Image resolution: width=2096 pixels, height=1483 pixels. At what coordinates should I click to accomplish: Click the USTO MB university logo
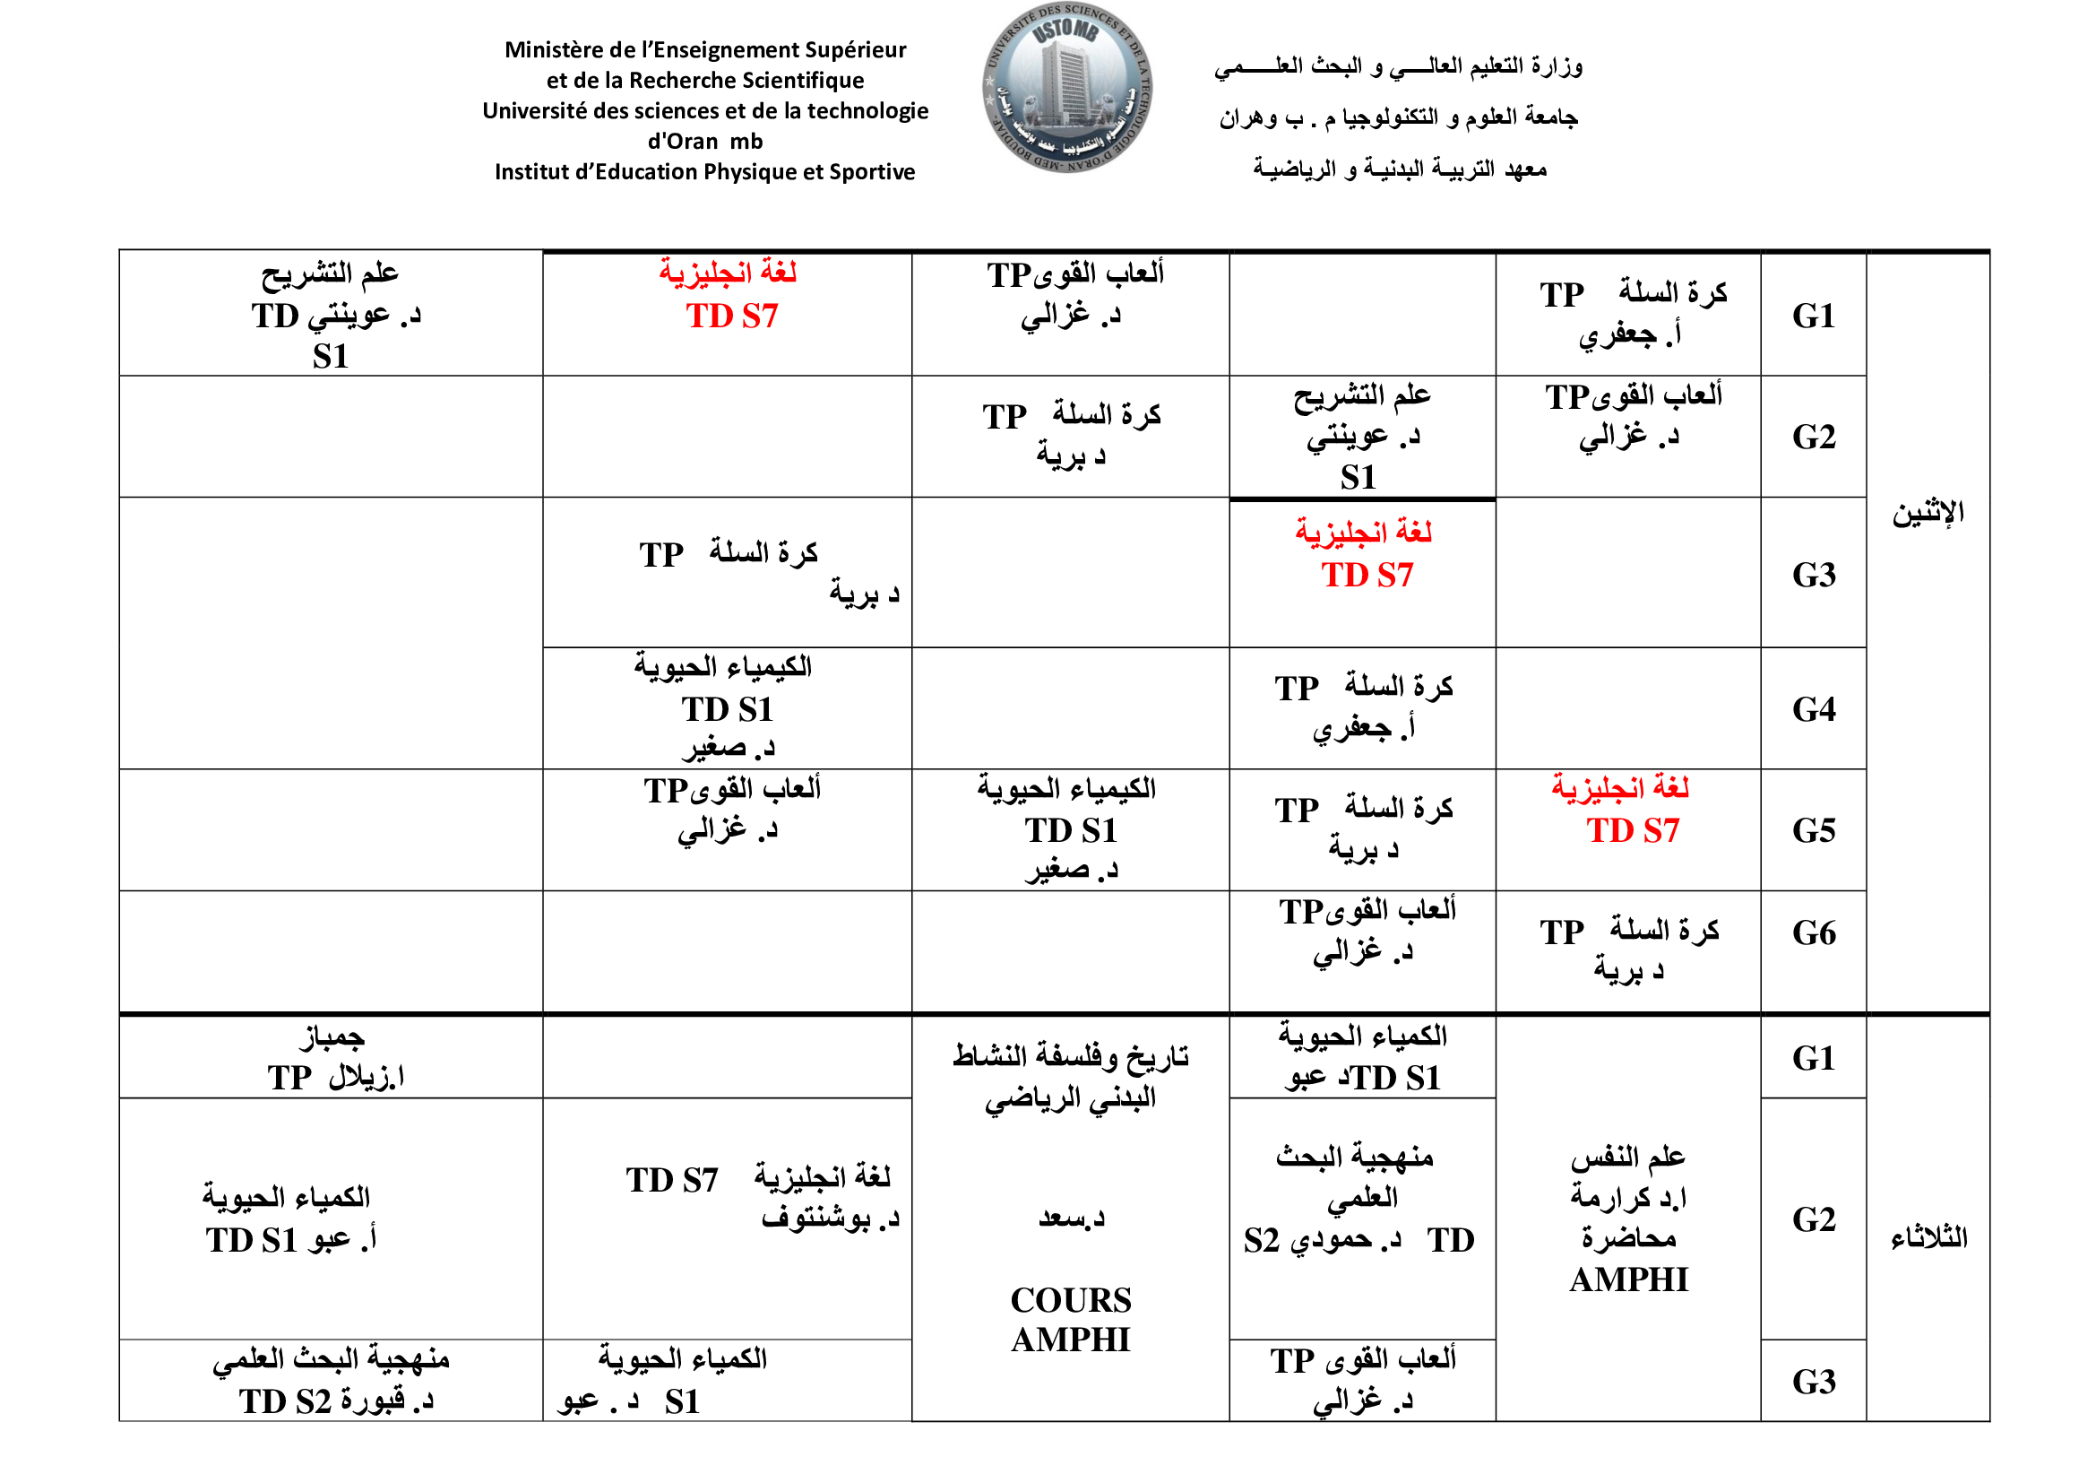(x=1066, y=88)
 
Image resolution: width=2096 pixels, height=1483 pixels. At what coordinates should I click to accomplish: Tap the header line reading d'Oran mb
(x=704, y=142)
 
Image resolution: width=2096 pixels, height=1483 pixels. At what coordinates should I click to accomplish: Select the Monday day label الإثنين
(x=1928, y=513)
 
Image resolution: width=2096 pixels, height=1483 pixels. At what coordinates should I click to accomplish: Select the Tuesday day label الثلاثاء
(x=1928, y=1238)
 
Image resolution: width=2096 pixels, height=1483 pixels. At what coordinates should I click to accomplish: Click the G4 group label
(x=1813, y=709)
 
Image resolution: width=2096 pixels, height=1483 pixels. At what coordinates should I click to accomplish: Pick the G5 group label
(x=1813, y=831)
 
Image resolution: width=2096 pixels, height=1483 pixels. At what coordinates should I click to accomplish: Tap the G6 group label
(x=1813, y=933)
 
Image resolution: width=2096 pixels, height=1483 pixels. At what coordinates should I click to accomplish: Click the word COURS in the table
(x=1070, y=1300)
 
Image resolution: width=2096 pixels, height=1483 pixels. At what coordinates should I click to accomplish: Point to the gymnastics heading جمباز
(x=332, y=1037)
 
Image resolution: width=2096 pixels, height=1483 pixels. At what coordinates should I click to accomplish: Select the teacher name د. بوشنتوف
(x=830, y=1218)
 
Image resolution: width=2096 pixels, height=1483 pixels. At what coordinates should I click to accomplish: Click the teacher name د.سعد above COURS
(x=1070, y=1218)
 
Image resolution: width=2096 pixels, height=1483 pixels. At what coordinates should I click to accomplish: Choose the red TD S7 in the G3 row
(x=1367, y=576)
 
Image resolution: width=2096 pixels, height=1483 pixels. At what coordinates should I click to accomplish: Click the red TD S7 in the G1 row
(x=731, y=317)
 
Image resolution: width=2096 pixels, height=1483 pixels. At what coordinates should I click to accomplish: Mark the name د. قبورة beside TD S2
(x=386, y=1401)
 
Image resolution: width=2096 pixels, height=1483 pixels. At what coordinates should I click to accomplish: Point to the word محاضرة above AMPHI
(x=1628, y=1239)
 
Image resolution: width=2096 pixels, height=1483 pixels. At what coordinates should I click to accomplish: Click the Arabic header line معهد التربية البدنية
(x=1400, y=169)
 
